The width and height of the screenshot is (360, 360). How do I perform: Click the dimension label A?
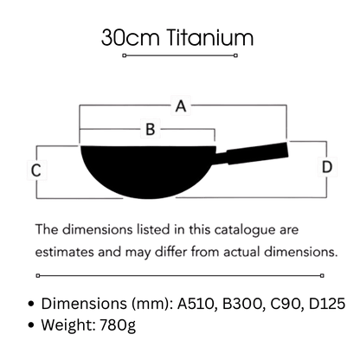pyautogui.click(x=181, y=106)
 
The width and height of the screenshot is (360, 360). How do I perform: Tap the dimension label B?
pyautogui.click(x=151, y=129)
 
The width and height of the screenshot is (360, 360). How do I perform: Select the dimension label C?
pyautogui.click(x=36, y=170)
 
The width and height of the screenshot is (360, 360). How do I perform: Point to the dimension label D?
pyautogui.click(x=327, y=167)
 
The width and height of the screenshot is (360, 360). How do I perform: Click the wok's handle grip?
pyautogui.click(x=257, y=153)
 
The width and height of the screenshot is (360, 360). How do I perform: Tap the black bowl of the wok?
pyautogui.click(x=148, y=171)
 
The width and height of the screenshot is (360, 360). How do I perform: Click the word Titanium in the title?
pyautogui.click(x=210, y=37)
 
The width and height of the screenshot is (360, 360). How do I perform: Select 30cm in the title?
pyautogui.click(x=131, y=37)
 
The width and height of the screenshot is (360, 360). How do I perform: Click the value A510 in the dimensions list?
pyautogui.click(x=196, y=304)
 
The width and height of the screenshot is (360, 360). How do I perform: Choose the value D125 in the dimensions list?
pyautogui.click(x=327, y=304)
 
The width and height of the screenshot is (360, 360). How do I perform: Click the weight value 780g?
pyautogui.click(x=118, y=325)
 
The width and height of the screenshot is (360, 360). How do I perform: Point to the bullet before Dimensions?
pyautogui.click(x=31, y=304)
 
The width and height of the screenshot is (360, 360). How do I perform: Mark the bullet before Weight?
pyautogui.click(x=31, y=325)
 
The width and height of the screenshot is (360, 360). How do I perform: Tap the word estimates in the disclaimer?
pyautogui.click(x=65, y=252)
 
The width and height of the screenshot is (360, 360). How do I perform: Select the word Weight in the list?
pyautogui.click(x=68, y=325)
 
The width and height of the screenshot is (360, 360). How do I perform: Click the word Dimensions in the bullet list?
pyautogui.click(x=84, y=304)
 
